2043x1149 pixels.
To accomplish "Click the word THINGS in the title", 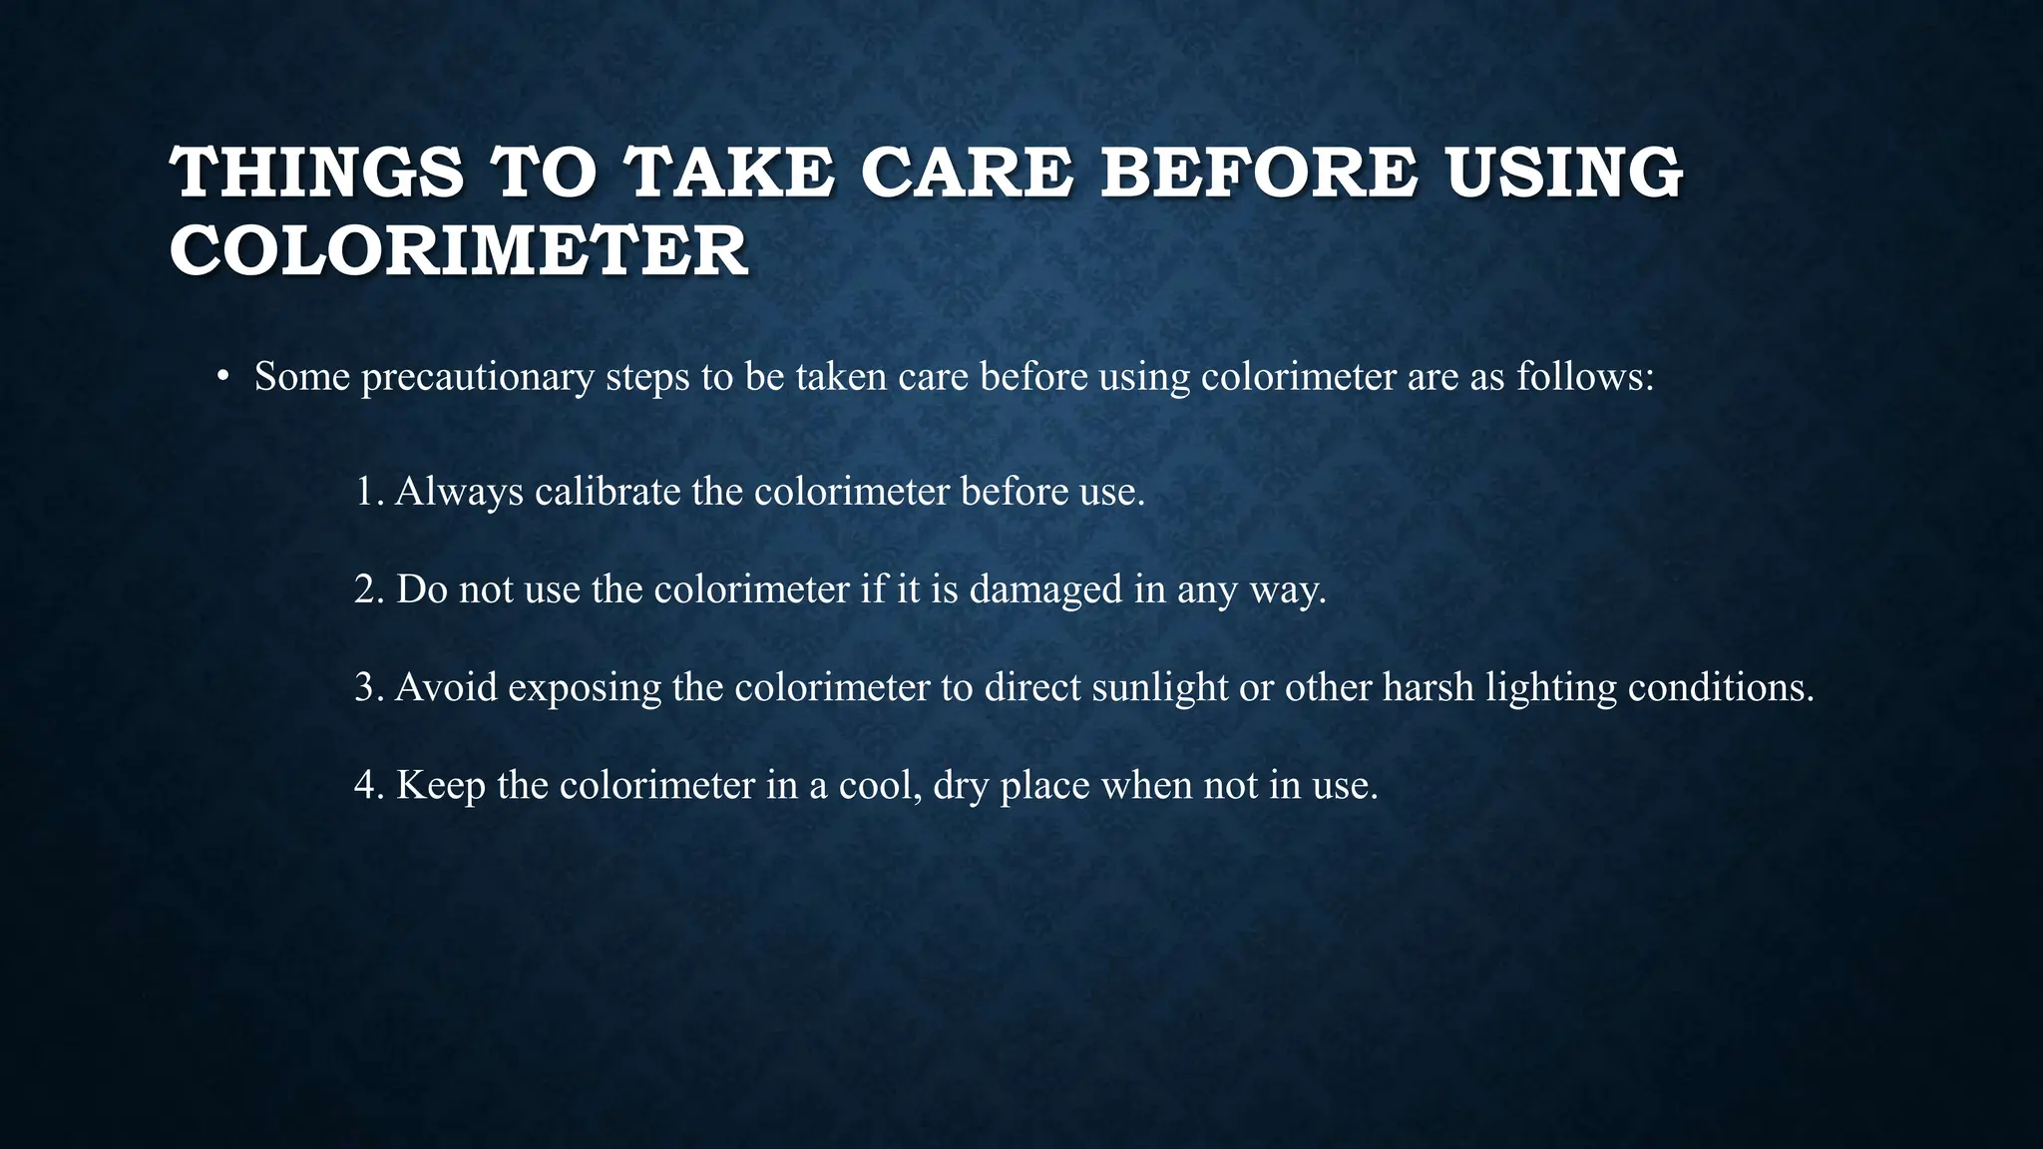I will click(317, 172).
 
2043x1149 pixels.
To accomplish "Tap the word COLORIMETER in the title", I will click(458, 250).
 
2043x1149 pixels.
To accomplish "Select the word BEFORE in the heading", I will click(1259, 172).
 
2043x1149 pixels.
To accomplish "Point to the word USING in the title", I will click(1565, 172).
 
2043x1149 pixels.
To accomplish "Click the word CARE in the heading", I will click(967, 172).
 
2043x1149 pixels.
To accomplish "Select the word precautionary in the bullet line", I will click(478, 378).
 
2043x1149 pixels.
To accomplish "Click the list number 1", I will click(367, 492).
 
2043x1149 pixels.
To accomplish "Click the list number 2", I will click(368, 589).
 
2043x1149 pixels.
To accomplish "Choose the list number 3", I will click(368, 687).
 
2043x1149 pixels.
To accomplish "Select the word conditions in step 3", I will click(1720, 687).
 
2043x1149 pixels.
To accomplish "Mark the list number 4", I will click(368, 785).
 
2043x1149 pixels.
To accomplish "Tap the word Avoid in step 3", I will click(446, 687).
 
